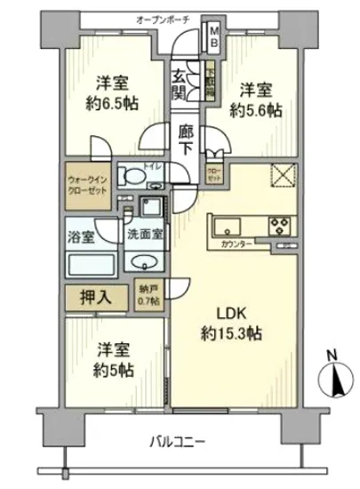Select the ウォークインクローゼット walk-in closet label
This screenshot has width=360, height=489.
click(87, 182)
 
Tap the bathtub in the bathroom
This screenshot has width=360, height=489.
click(89, 262)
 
